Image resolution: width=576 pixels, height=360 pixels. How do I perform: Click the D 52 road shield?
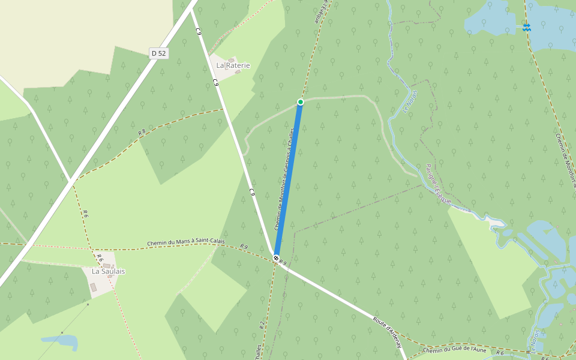[159, 53]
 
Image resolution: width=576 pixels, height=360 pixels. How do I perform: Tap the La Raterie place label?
[233, 65]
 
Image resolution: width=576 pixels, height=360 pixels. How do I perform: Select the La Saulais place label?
[108, 271]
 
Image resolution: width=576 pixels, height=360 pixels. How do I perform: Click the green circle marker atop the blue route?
[301, 102]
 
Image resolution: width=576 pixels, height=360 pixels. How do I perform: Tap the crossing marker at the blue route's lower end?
[276, 258]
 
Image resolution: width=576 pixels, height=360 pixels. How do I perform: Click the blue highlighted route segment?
[289, 180]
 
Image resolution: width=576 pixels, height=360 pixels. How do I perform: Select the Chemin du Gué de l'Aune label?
[454, 350]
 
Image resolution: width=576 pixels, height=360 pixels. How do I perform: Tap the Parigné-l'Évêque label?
[438, 184]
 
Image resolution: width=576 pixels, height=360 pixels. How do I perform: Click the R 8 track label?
[142, 132]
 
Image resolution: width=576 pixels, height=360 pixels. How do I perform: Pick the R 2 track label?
[262, 325]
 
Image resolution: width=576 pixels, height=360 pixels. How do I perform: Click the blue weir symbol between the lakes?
[526, 27]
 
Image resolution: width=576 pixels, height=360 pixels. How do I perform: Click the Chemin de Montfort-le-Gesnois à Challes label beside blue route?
[284, 180]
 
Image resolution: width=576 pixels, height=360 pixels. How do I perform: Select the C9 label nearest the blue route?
[253, 193]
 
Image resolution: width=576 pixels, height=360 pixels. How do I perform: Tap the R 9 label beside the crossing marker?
[283, 263]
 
